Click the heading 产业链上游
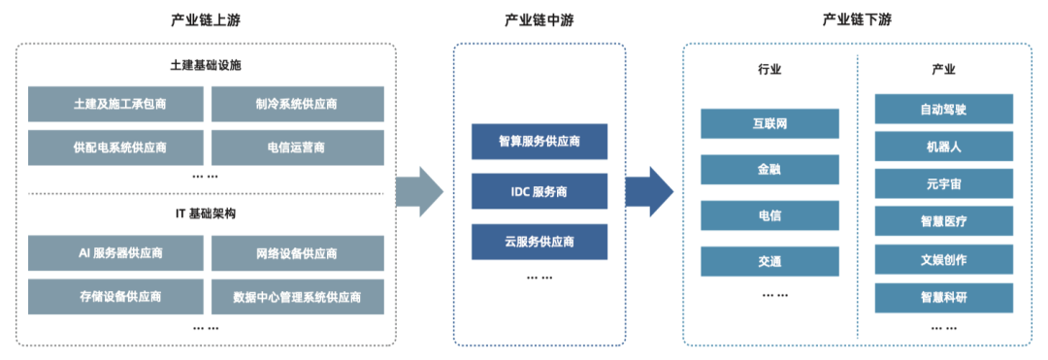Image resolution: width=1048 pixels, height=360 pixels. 204,20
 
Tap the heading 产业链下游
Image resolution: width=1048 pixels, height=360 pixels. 857,20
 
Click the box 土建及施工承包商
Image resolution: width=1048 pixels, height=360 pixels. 115,105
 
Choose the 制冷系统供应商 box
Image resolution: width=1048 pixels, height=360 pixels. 297,105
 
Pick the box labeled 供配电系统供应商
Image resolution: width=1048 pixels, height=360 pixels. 115,147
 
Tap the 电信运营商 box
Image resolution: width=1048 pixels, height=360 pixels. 297,147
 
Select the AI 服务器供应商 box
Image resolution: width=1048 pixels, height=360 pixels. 115,253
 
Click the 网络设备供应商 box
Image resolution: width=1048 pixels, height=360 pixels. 297,253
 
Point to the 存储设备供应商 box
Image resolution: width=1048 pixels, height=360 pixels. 115,296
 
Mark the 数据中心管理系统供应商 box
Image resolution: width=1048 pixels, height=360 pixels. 297,296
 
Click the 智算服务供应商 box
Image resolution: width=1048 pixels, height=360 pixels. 540,142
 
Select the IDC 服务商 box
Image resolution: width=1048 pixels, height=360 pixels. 540,191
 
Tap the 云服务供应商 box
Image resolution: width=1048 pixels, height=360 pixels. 540,242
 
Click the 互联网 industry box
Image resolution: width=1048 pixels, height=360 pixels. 770,123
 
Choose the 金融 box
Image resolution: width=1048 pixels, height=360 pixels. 770,169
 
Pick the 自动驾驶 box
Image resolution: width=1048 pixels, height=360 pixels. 943,109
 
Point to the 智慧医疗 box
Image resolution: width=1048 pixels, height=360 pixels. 943,221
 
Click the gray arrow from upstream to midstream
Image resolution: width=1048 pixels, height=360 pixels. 420,192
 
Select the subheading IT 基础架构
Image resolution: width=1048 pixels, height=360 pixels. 204,213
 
